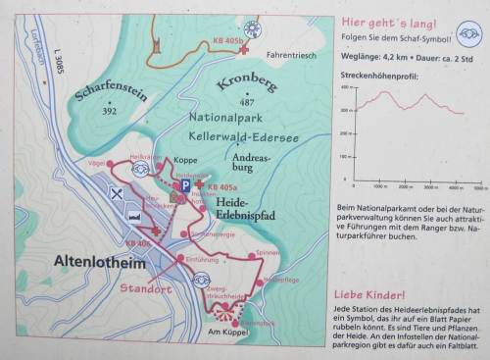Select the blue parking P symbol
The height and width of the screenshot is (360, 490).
pos(184,184)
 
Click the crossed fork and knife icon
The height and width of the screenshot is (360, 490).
pos(118,194)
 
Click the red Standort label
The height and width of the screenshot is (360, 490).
pos(147,289)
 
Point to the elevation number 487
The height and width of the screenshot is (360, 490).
pos(247,102)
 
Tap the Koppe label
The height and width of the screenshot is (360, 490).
pos(185,159)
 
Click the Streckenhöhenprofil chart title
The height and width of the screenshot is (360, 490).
pos(377,75)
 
